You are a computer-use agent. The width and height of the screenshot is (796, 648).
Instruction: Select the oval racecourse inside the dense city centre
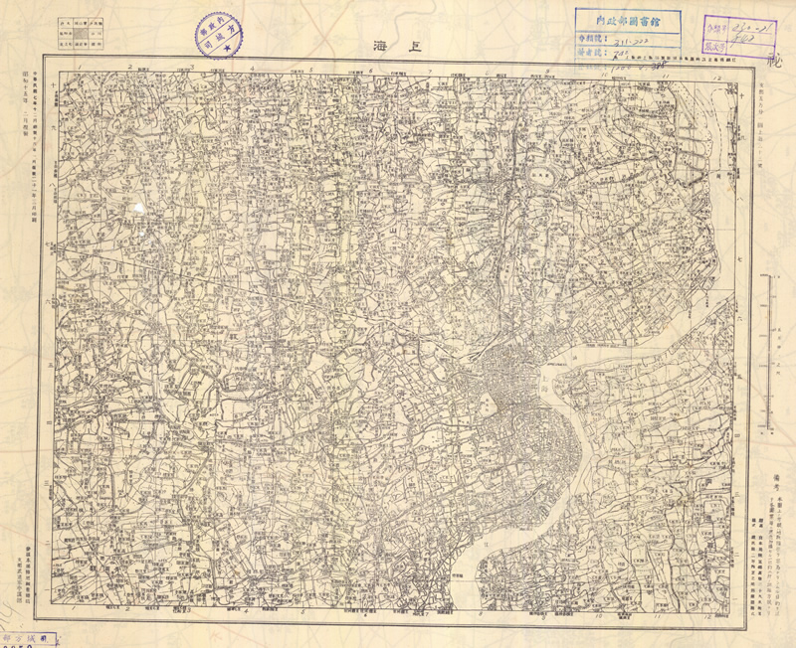pos(488,405)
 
